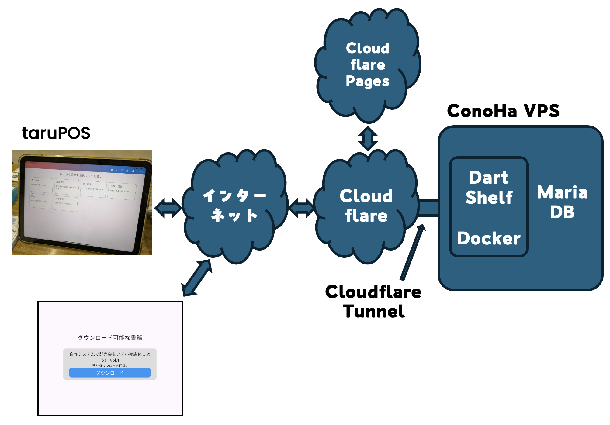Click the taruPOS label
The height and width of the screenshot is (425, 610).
[56, 133]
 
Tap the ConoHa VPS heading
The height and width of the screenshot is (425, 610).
[503, 111]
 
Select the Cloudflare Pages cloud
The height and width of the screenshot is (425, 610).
[368, 65]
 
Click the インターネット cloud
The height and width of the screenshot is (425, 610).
[234, 206]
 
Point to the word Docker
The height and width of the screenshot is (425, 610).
[489, 238]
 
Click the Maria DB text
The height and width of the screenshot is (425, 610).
[562, 202]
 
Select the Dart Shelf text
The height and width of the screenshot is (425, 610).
[489, 187]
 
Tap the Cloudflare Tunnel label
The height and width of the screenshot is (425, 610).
[373, 301]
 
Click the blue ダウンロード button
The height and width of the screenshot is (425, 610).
[110, 373]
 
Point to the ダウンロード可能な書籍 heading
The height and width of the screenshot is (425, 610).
[110, 338]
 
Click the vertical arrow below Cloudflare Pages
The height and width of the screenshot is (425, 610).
[368, 139]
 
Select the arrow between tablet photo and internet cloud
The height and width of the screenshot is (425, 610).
[168, 208]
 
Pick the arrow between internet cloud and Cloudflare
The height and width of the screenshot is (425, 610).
[301, 208]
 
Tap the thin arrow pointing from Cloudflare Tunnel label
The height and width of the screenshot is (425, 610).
[412, 252]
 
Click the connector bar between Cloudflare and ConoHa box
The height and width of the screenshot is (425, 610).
[428, 208]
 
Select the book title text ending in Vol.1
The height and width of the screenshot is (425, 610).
[110, 357]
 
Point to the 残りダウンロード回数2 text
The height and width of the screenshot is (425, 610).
[110, 366]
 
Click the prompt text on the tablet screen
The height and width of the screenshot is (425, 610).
[81, 175]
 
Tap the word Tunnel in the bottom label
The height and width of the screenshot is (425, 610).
[373, 312]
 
